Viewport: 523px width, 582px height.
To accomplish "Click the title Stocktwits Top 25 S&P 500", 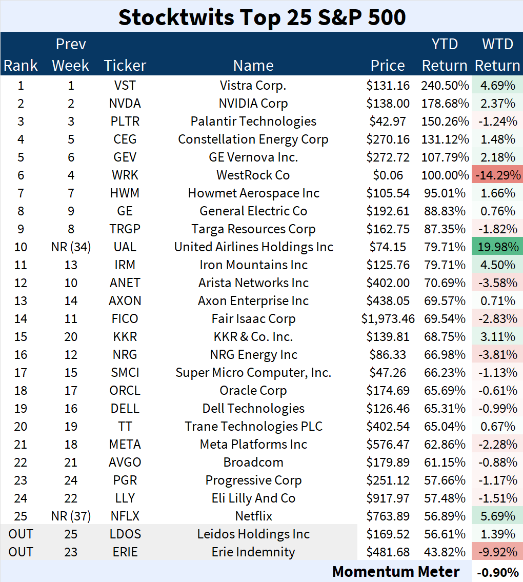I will pos(261,17).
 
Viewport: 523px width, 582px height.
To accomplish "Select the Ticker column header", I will pos(125,66).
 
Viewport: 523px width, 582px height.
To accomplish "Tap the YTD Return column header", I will pos(445,55).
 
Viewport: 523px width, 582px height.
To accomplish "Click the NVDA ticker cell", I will pos(125,104).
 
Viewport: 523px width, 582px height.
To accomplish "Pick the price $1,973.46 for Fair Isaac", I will pos(388,319).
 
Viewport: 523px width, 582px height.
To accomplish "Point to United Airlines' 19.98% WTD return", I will pos(496,247).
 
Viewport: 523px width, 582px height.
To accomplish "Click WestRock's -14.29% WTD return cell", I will pos(496,175).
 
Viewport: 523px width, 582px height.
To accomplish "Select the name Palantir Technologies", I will pos(253,122).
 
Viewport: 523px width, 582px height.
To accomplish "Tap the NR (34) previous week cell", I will pos(71,247).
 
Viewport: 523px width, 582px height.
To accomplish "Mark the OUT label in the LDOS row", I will pos(21,534).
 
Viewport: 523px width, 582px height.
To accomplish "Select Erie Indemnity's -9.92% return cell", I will pos(496,552).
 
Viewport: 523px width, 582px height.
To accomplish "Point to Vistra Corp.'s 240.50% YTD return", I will pos(445,86).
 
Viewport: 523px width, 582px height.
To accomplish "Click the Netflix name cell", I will pos(253,516).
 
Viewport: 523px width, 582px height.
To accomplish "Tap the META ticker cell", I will pos(125,445).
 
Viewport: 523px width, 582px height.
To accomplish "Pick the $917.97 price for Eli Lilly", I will pos(388,498).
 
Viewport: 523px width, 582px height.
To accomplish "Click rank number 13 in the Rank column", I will pos(21,301).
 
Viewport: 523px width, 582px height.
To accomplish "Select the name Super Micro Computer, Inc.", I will pos(253,373).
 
